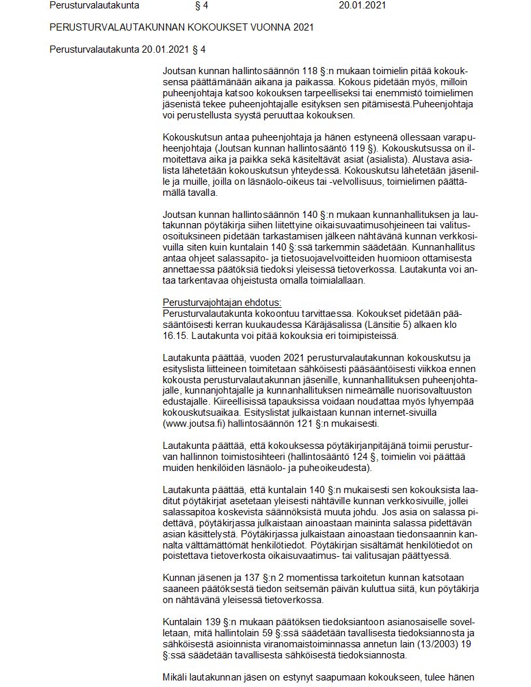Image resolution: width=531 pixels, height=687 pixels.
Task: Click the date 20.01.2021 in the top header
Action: pyautogui.click(x=362, y=6)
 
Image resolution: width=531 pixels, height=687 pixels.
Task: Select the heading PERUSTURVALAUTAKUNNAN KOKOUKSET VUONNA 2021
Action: pyautogui.click(x=181, y=28)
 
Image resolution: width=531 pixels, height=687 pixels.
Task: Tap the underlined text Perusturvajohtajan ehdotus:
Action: pyautogui.click(x=222, y=303)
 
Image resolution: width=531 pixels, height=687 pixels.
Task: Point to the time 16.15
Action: pyautogui.click(x=174, y=336)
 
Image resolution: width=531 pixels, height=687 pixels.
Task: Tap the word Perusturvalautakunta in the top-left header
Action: pyautogui.click(x=94, y=6)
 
